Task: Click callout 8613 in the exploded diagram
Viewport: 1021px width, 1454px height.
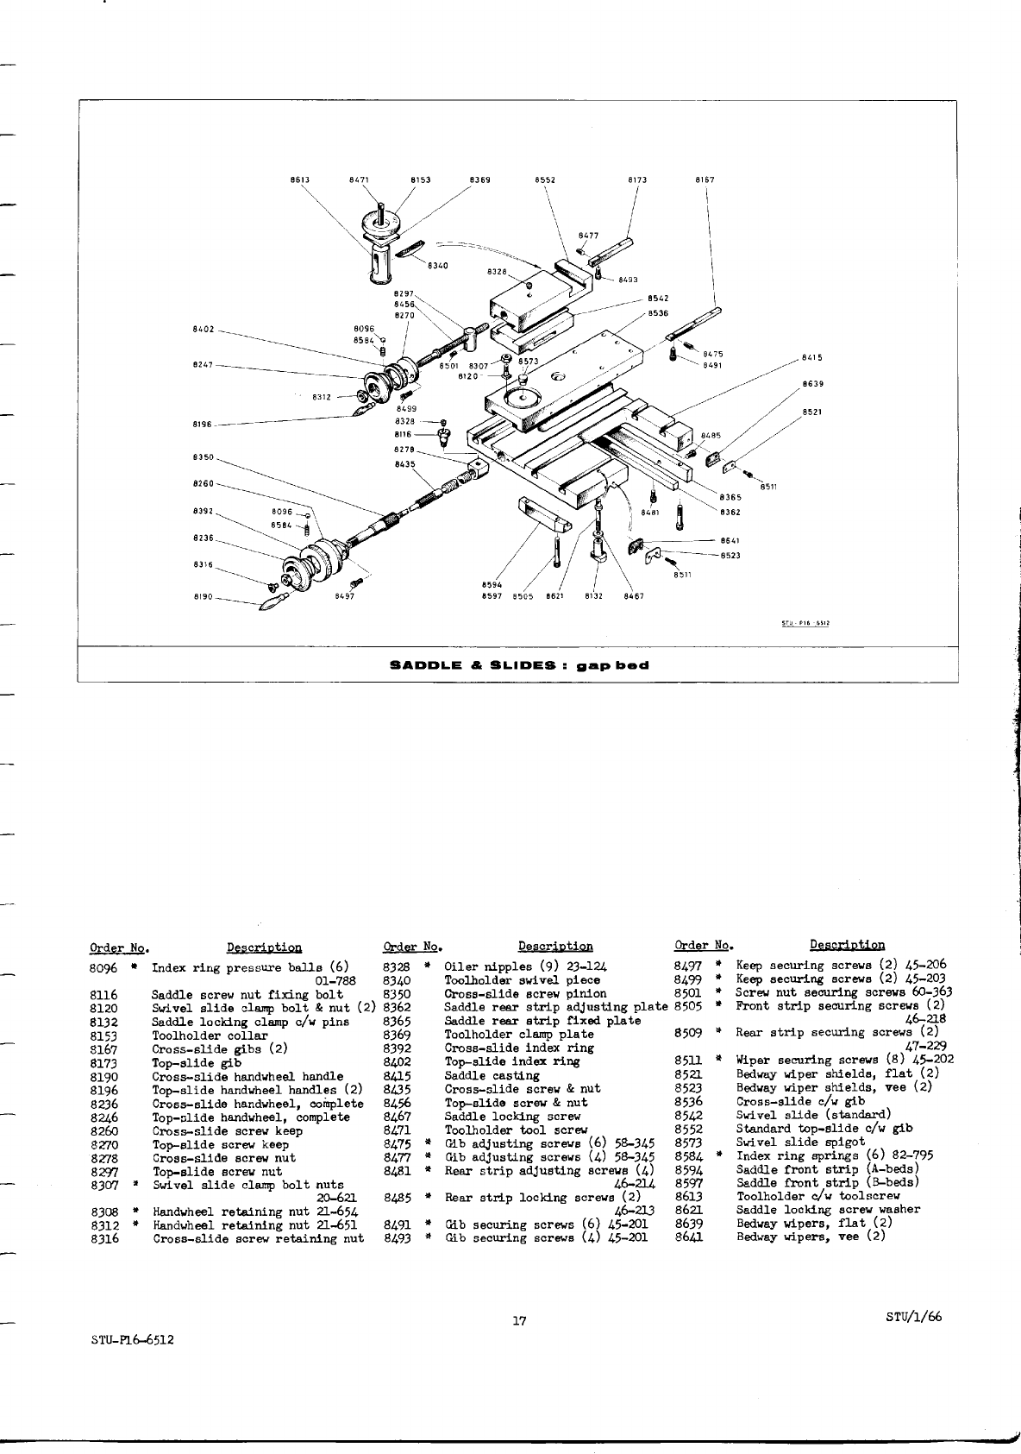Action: [299, 180]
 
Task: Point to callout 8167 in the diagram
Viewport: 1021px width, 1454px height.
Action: [705, 180]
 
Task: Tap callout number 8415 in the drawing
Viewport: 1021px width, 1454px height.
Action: [812, 356]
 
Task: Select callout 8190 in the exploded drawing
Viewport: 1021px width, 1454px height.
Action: [203, 595]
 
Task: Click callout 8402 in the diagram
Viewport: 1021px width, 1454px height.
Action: [203, 330]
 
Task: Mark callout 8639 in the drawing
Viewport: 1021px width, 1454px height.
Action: [812, 384]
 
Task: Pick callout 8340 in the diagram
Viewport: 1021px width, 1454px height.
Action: [437, 266]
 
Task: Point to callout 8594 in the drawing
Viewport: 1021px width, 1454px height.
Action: [492, 584]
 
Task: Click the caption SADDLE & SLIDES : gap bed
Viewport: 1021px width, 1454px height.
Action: [519, 665]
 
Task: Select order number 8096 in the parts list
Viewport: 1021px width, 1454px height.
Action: [103, 968]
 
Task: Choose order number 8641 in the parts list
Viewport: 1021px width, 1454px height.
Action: [689, 1237]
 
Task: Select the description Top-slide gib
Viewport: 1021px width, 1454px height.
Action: [189, 1063]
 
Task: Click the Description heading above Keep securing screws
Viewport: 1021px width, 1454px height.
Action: [847, 946]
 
